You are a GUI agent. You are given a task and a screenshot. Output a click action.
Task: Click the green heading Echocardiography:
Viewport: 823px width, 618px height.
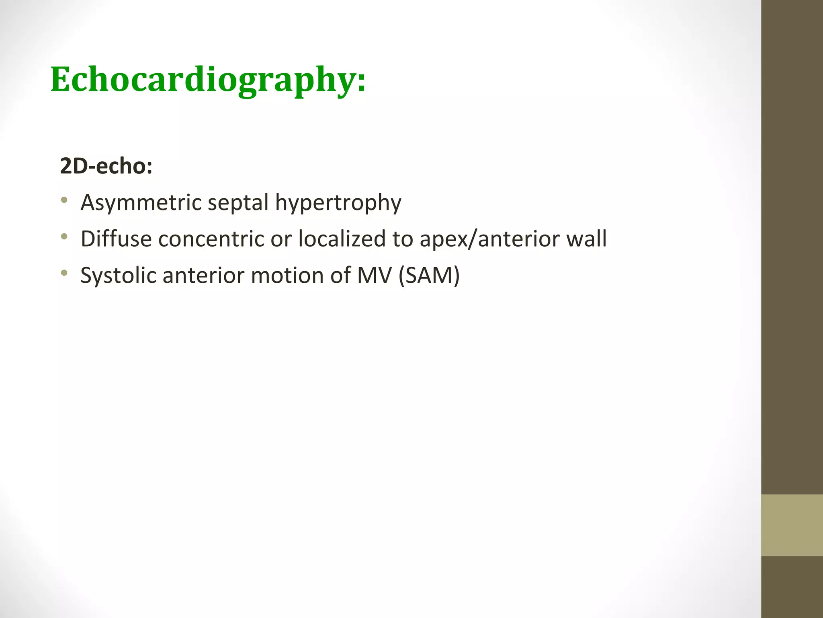(208, 80)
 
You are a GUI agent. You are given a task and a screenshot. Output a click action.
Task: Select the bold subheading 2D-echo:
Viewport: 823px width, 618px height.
(106, 166)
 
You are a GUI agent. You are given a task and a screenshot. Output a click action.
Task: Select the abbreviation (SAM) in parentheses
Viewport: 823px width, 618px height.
(429, 276)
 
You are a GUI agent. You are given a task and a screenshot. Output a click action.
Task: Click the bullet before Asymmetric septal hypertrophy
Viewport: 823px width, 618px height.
(64, 200)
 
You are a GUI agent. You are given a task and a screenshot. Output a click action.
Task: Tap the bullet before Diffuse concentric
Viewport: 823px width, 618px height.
(64, 237)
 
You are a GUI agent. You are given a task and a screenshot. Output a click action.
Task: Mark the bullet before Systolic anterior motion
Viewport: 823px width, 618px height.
(64, 273)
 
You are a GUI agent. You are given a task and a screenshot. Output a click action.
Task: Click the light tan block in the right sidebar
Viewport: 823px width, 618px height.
(792, 525)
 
